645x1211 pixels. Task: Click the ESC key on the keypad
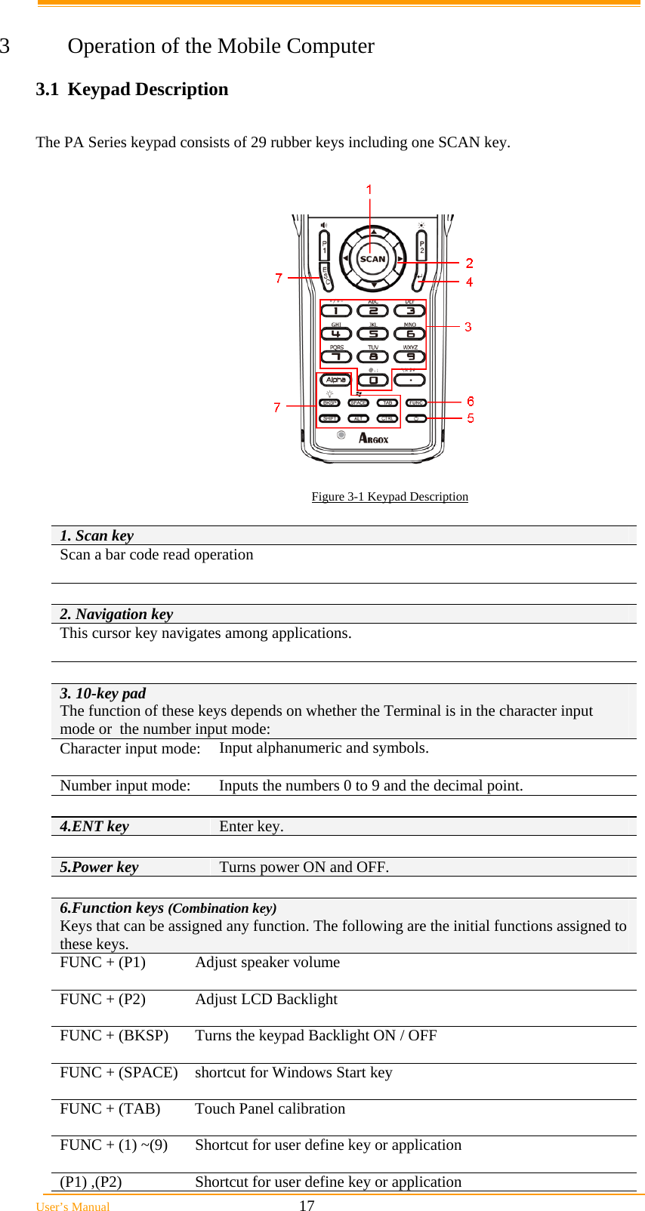point(326,276)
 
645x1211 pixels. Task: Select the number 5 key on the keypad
point(373,334)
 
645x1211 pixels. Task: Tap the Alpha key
point(336,380)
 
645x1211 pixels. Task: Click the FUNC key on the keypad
point(416,403)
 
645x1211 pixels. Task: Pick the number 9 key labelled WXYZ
point(410,356)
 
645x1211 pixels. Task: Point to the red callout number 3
point(468,327)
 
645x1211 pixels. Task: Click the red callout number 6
point(471,402)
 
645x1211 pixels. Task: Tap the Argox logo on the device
point(373,439)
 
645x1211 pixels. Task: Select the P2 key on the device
point(421,245)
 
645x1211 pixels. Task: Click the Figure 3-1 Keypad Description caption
point(390,497)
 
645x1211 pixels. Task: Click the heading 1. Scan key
point(97,535)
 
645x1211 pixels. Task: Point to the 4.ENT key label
point(94,826)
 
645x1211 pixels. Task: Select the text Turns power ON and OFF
point(304,867)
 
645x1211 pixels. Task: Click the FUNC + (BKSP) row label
point(114,1035)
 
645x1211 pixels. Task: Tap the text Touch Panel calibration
point(270,1108)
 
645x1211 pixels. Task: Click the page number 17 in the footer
point(307,1206)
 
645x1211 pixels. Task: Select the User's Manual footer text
point(73,1206)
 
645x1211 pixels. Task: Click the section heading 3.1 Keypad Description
point(132,89)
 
